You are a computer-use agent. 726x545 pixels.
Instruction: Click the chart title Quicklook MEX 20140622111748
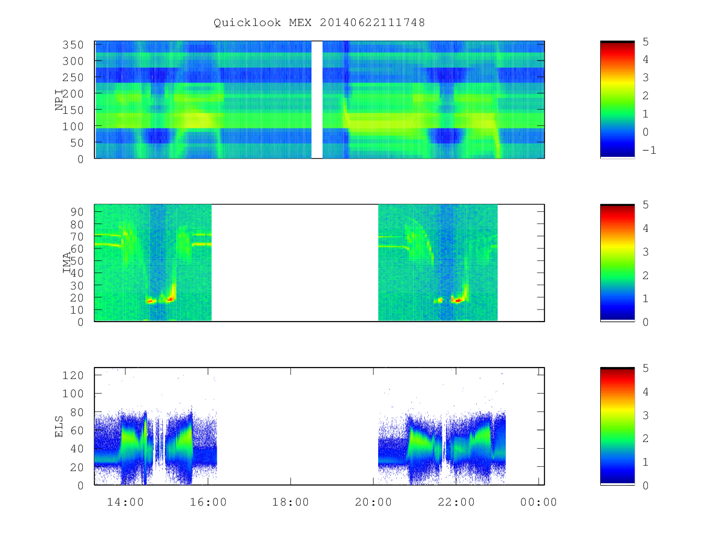click(x=319, y=22)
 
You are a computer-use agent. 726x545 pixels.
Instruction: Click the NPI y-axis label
click(x=59, y=99)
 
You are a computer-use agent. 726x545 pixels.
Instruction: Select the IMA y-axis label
click(x=67, y=262)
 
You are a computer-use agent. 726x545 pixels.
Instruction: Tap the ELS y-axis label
click(x=59, y=426)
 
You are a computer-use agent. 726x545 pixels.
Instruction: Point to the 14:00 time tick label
click(x=125, y=502)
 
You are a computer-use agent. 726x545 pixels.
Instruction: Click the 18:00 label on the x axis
click(x=290, y=502)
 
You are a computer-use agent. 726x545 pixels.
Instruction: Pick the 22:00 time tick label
click(x=456, y=502)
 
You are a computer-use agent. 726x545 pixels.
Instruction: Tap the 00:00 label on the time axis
click(x=538, y=502)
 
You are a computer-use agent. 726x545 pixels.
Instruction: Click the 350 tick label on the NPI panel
click(x=73, y=45)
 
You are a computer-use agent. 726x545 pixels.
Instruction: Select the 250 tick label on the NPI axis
click(x=73, y=77)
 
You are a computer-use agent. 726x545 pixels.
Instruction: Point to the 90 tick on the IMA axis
click(x=77, y=212)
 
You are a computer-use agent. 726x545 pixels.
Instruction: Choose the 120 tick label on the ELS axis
click(x=73, y=375)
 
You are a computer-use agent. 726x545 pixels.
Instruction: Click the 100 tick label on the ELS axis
click(x=73, y=394)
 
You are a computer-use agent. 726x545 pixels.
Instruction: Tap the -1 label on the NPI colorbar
click(x=649, y=150)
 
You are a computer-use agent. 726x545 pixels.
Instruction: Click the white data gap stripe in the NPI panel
click(x=317, y=99)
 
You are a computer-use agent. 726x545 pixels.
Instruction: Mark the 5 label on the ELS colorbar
click(x=646, y=368)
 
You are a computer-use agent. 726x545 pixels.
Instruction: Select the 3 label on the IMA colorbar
click(x=646, y=252)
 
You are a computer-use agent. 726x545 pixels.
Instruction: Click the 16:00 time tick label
click(x=208, y=502)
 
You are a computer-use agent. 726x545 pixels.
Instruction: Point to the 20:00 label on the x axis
click(x=373, y=502)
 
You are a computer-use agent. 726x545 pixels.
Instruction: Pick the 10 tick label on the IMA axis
click(x=77, y=309)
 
